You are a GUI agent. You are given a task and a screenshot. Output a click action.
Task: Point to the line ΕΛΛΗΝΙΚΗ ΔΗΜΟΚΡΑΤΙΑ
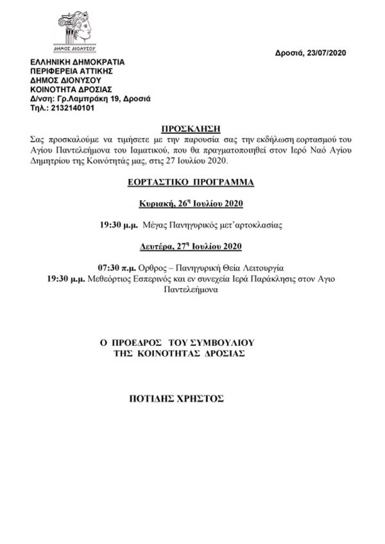click(x=78, y=63)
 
